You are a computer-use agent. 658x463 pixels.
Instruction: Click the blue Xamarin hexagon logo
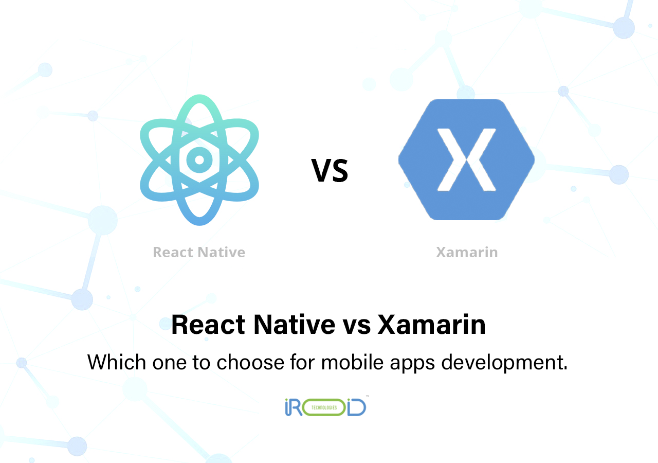click(x=466, y=159)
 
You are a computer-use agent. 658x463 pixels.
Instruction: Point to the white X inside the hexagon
click(x=466, y=159)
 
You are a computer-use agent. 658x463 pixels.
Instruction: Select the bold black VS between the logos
click(x=330, y=171)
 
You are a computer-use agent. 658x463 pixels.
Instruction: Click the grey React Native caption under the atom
click(x=199, y=253)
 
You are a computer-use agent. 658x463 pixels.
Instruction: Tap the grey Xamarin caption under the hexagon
click(x=467, y=253)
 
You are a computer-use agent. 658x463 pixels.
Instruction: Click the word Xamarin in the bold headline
click(x=432, y=325)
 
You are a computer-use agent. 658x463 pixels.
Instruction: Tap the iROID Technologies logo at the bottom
click(x=325, y=406)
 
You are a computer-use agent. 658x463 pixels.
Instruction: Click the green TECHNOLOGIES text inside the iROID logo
click(x=323, y=407)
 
